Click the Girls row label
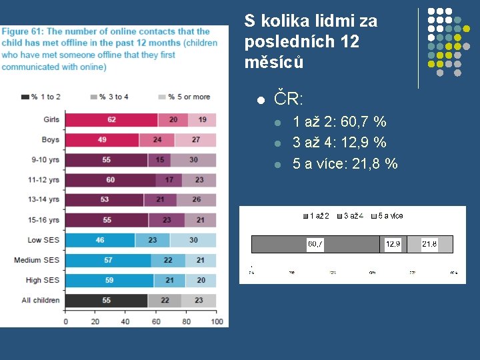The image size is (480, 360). click(51, 120)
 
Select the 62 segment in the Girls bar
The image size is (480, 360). click(111, 120)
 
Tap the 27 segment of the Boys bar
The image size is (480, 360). click(195, 140)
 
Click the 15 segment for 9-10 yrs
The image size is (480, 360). click(160, 160)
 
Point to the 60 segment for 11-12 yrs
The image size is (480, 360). click(110, 180)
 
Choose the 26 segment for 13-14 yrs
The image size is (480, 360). click(196, 200)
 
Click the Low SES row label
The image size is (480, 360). click(43, 240)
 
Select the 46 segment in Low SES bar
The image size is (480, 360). click(100, 240)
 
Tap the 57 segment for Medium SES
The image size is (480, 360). click(108, 260)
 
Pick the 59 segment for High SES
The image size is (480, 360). click(109, 280)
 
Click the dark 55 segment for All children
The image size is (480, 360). click(107, 300)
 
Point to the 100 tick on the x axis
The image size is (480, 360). click(217, 321)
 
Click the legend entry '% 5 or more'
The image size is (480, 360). click(183, 97)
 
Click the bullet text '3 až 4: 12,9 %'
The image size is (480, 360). click(339, 143)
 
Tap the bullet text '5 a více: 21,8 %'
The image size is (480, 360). click(345, 164)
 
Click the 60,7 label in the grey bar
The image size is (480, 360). click(315, 244)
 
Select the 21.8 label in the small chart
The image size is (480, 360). click(429, 244)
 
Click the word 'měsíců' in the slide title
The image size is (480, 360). click(274, 62)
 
